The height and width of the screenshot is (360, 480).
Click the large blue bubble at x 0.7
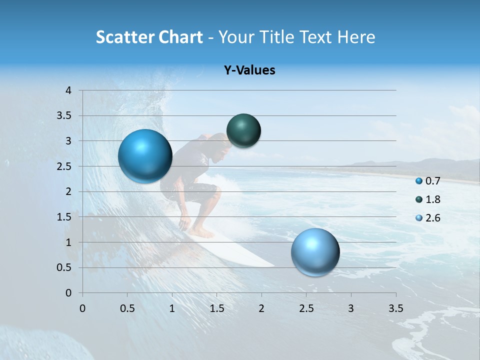145,156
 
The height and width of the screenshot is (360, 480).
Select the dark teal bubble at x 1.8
243,130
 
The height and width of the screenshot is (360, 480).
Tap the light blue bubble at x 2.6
315,252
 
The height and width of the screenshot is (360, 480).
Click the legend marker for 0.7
419,180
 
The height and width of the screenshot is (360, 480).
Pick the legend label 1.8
433,199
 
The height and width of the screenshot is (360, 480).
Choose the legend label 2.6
433,218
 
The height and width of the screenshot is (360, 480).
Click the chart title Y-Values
249,70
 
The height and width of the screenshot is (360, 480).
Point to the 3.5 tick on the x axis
396,308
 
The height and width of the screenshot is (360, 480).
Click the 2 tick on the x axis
261,308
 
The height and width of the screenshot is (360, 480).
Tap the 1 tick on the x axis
172,308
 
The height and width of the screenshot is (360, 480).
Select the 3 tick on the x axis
351,308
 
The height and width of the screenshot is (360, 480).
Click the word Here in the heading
356,37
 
